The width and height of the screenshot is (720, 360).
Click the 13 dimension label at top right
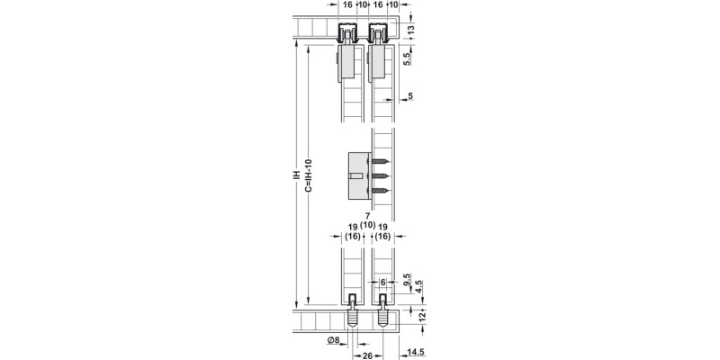411,29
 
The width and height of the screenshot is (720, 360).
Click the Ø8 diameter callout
333,339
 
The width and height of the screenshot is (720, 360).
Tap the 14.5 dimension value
415,353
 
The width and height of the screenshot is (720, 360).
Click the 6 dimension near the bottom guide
383,281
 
